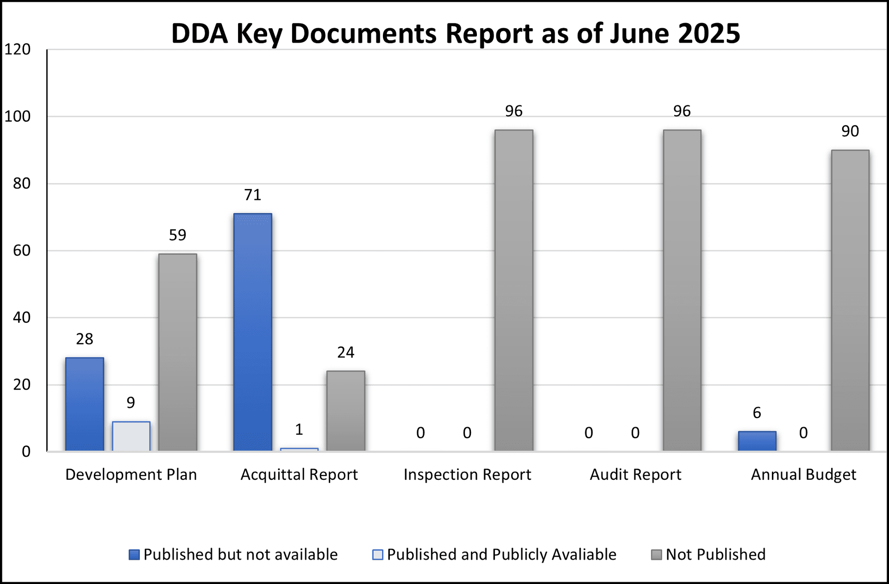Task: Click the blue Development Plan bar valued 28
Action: coord(85,404)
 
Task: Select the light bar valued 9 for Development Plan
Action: coord(131,436)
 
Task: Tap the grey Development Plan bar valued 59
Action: coord(177,352)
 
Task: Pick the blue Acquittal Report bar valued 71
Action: coord(253,332)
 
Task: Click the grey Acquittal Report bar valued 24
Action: coord(346,410)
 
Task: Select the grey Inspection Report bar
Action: coord(513,290)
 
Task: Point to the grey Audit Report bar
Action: coord(682,290)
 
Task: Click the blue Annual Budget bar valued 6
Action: coord(757,441)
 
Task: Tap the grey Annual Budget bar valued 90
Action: coord(850,300)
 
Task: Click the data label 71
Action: coord(253,195)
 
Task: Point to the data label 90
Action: coord(850,132)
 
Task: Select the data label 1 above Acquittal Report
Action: coord(299,430)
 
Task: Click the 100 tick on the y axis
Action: coord(18,116)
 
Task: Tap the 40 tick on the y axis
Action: coord(22,318)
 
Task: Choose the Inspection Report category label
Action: coord(467,475)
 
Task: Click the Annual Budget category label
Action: coord(803,475)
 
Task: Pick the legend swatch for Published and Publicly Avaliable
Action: coord(378,554)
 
